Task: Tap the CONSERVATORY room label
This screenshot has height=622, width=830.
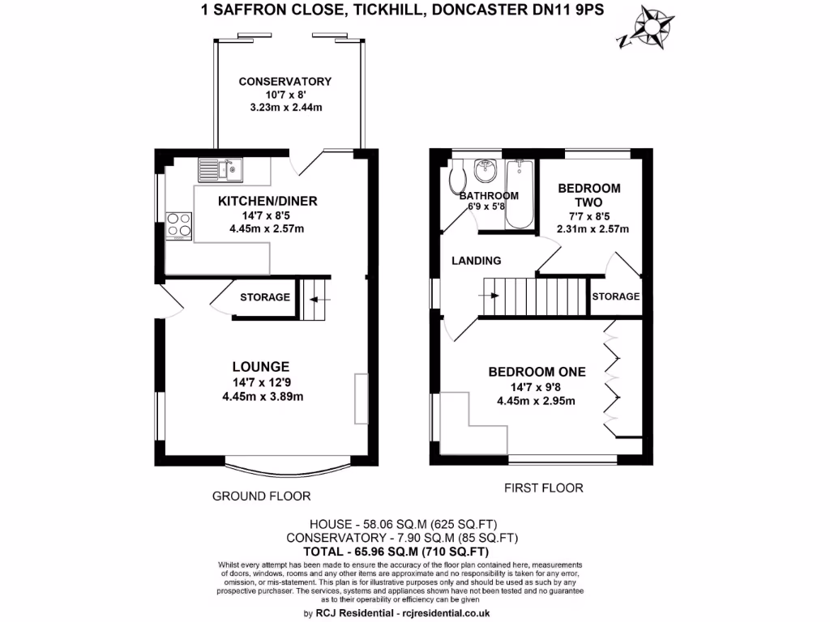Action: coord(285,82)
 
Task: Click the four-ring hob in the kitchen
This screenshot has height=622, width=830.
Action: coord(178,225)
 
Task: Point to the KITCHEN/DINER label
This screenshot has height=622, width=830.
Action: coord(267,202)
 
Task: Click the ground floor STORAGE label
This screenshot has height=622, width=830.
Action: coord(265,297)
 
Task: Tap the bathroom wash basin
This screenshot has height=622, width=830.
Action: coord(487,170)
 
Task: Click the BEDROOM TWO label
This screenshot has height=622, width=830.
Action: coord(589,195)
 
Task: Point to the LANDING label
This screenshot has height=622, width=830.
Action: coord(477,261)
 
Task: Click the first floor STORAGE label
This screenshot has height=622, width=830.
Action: coord(615,297)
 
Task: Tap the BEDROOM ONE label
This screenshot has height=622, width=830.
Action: coord(537,372)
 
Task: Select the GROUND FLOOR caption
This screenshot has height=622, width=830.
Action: coord(261,496)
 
